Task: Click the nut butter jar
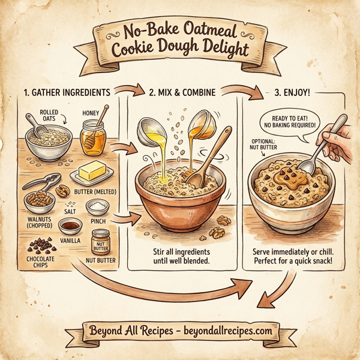[x=101, y=242]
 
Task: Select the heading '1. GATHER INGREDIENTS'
[x=66, y=93]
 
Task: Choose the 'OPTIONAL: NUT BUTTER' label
[x=264, y=145]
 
